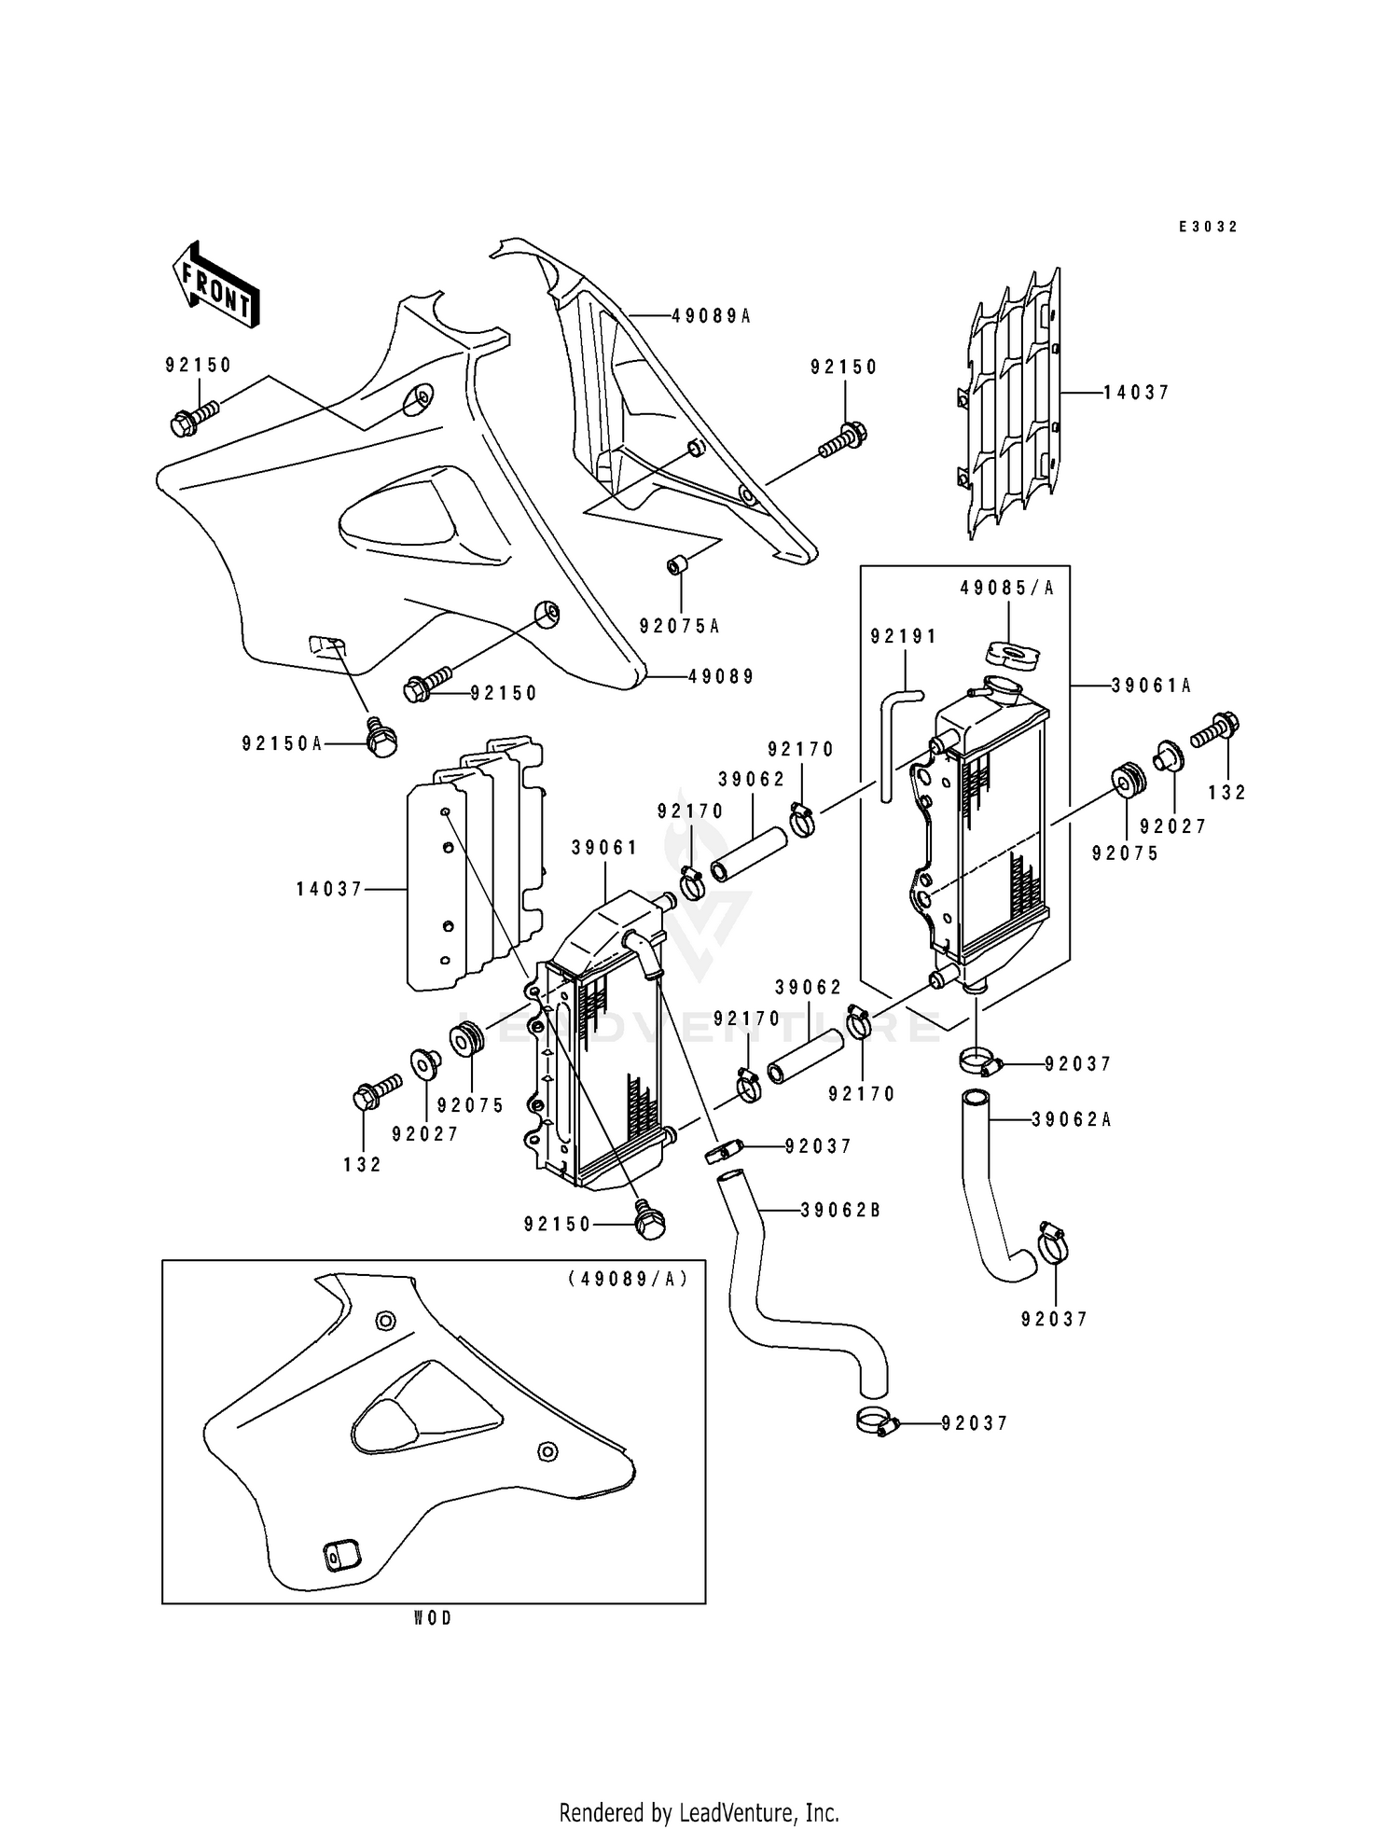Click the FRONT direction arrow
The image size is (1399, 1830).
pyautogui.click(x=215, y=284)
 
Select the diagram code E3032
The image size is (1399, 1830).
pyautogui.click(x=1208, y=227)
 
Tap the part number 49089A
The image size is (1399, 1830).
pyautogui.click(x=711, y=316)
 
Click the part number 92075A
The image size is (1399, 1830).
pyautogui.click(x=679, y=626)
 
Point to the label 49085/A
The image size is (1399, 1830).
pyautogui.click(x=1006, y=589)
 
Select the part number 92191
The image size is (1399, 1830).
pyautogui.click(x=904, y=636)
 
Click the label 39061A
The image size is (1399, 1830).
pyautogui.click(x=1152, y=686)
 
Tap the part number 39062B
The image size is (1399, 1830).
pyautogui.click(x=841, y=1211)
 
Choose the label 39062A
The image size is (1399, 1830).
pyautogui.click(x=1073, y=1119)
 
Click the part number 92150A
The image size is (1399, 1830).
pyautogui.click(x=283, y=743)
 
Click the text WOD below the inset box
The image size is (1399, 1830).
pyautogui.click(x=433, y=1619)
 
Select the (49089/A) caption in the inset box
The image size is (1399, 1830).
pyautogui.click(x=628, y=1279)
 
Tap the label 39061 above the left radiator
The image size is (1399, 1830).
pyautogui.click(x=605, y=847)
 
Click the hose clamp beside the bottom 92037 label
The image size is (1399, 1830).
pyautogui.click(x=876, y=1421)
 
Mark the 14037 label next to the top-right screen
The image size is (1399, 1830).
pyautogui.click(x=1136, y=394)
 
